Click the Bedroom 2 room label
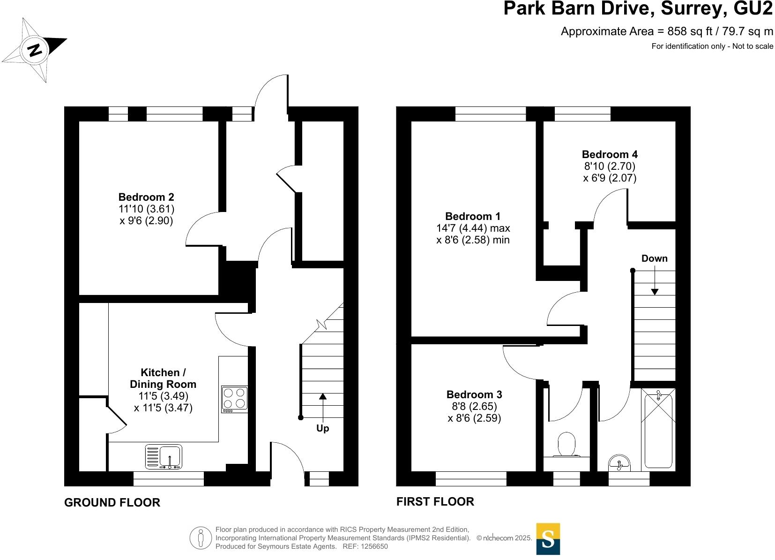point(146,197)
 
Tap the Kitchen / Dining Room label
point(163,378)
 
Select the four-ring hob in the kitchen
point(234,399)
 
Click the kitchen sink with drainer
point(164,456)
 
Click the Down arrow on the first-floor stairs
point(655,281)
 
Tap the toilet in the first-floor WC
point(566,444)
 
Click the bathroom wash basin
point(619,464)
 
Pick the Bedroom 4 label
point(610,154)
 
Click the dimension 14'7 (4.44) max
point(473,228)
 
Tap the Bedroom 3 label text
point(474,394)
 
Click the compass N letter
point(34,50)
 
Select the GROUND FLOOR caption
point(112,502)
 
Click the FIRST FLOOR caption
point(435,501)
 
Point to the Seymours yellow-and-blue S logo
point(548,539)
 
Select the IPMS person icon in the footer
point(201,538)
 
